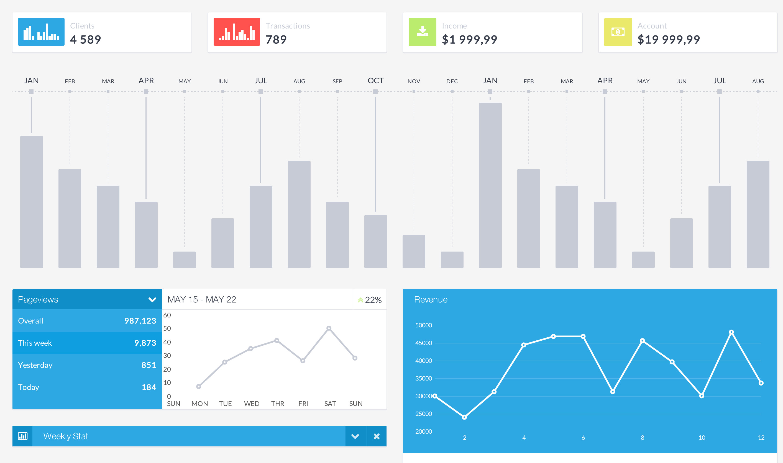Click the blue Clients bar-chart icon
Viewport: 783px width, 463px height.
point(41,32)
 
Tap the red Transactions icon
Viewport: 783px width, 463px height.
point(237,32)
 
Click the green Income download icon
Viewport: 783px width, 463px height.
point(422,32)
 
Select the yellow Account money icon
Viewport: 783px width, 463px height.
point(618,32)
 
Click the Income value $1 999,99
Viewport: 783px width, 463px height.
point(469,40)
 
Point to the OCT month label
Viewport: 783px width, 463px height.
point(375,81)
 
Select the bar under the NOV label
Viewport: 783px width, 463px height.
point(414,252)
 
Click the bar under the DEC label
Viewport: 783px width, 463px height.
point(452,260)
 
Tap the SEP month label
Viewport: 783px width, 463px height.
point(337,81)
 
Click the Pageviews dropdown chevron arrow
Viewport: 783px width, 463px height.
point(152,299)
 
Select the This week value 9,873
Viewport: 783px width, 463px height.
point(145,343)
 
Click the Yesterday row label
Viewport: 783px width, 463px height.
point(35,365)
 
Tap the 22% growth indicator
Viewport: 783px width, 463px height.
point(370,300)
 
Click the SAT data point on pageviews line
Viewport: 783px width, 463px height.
point(329,328)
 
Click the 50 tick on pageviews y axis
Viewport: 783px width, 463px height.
point(167,328)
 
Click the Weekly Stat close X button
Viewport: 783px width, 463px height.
point(377,436)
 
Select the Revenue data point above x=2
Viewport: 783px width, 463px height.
point(464,417)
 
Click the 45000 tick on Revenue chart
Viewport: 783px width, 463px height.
point(424,343)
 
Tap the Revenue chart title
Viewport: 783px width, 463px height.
point(431,299)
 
